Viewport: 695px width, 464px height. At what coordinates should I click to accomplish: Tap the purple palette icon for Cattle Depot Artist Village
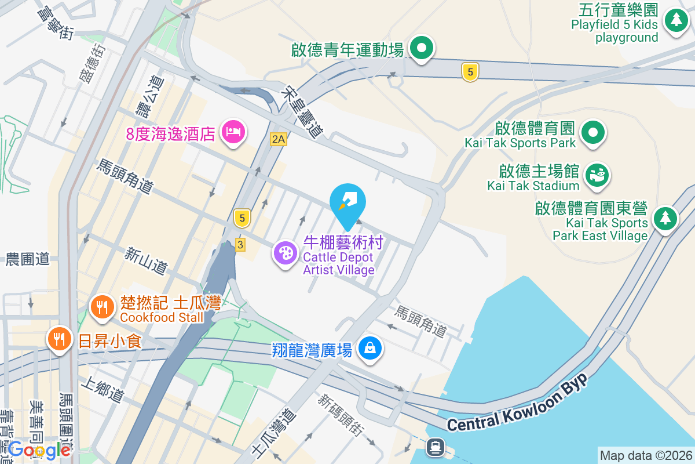(x=285, y=253)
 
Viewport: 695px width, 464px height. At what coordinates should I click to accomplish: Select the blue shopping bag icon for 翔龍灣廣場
(x=369, y=349)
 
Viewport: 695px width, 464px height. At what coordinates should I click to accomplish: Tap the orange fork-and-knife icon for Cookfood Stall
(x=103, y=307)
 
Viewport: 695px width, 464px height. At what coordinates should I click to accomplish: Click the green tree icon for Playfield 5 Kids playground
(x=675, y=20)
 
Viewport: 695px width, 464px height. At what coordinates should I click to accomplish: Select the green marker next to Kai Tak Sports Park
(x=592, y=132)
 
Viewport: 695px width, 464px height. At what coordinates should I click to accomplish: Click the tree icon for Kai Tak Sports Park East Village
(x=665, y=219)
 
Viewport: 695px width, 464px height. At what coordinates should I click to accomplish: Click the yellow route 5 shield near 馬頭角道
(x=242, y=218)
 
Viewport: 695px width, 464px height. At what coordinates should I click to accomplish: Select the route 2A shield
(x=279, y=139)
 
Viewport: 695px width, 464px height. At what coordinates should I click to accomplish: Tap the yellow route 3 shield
(x=240, y=245)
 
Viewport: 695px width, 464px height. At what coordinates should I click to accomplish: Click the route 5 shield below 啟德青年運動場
(x=470, y=72)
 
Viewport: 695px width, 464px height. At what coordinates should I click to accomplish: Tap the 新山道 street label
(x=147, y=260)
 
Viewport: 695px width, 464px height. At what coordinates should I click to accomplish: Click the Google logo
(x=39, y=449)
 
